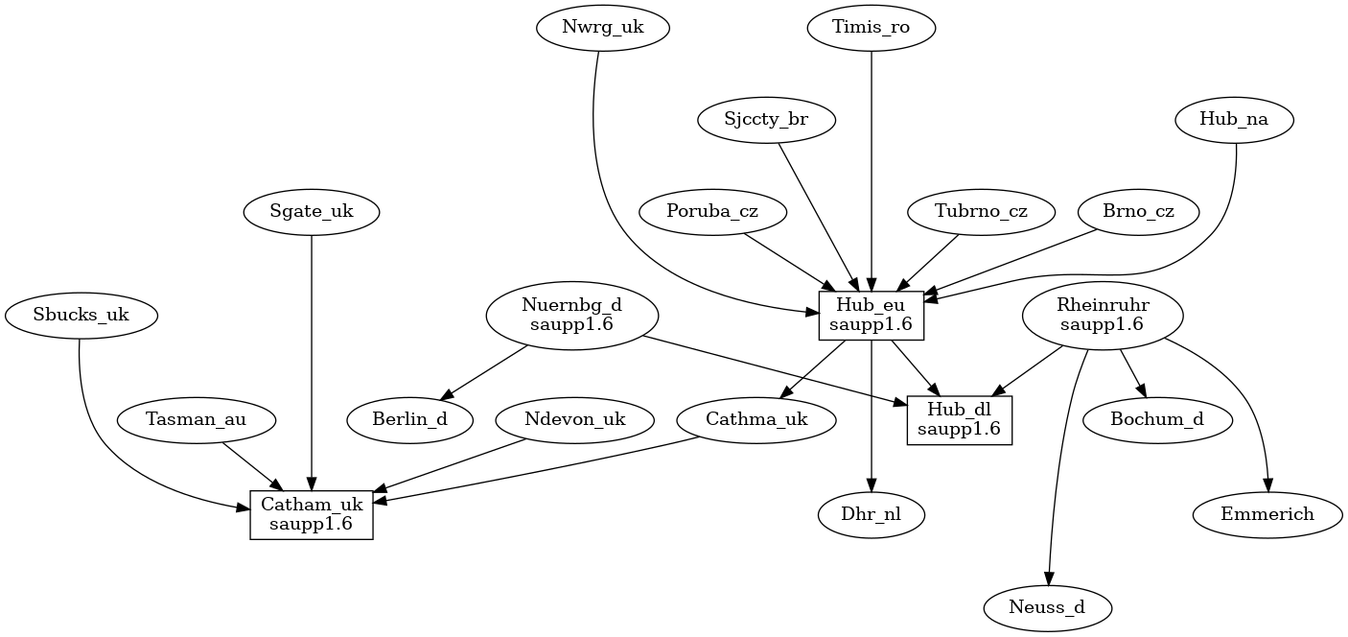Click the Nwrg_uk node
602,28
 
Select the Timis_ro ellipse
872,28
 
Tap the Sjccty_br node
766,120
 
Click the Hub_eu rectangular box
872,315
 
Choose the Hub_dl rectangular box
959,419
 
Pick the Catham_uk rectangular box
312,514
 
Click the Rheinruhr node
1103,315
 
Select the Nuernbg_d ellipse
572,315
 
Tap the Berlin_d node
410,419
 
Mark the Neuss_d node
1048,607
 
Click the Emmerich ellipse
1267,514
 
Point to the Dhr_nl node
872,514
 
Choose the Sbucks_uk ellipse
81,315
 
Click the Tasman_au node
197,419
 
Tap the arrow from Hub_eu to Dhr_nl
872,413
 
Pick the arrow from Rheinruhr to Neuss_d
1059,460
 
